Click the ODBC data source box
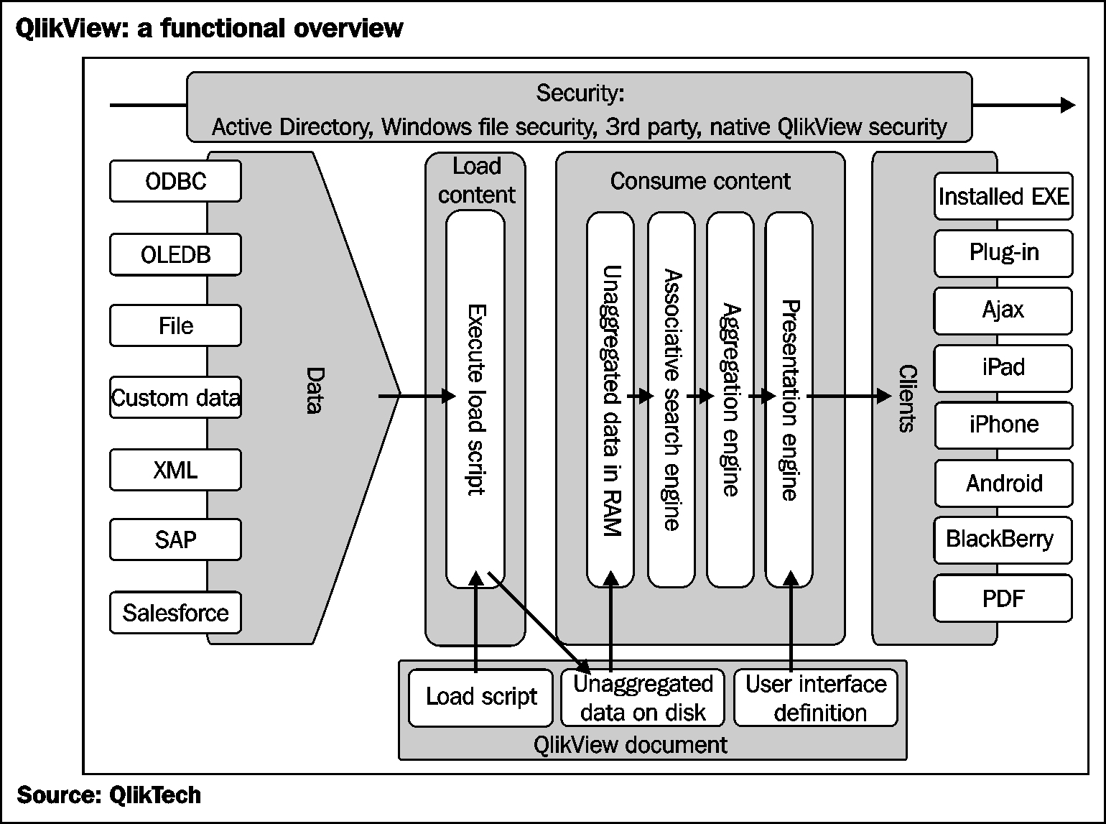click(175, 181)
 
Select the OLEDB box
click(175, 254)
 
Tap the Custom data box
click(175, 397)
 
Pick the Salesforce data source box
click(175, 612)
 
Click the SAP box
click(175, 540)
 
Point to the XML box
click(175, 470)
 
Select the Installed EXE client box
click(1003, 196)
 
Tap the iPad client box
click(1003, 367)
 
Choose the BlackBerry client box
click(1003, 540)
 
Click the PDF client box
click(1003, 598)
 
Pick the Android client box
click(1003, 483)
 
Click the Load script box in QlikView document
click(481, 697)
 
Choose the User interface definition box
click(816, 698)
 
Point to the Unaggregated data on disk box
click(643, 698)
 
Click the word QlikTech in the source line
click(154, 795)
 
